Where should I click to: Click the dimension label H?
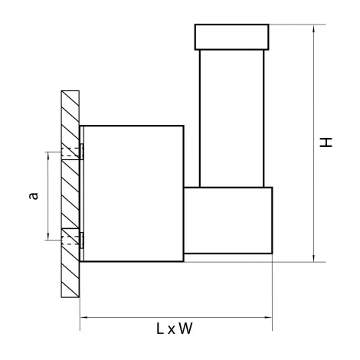click(326, 142)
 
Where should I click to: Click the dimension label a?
click(34, 196)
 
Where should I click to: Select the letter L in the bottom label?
click(159, 329)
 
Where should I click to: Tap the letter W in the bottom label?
click(185, 329)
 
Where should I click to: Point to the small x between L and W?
click(172, 330)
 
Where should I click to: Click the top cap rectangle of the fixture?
click(231, 37)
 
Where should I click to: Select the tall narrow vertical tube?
click(231, 119)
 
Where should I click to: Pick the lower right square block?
click(228, 221)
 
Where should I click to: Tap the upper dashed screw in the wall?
click(70, 152)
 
